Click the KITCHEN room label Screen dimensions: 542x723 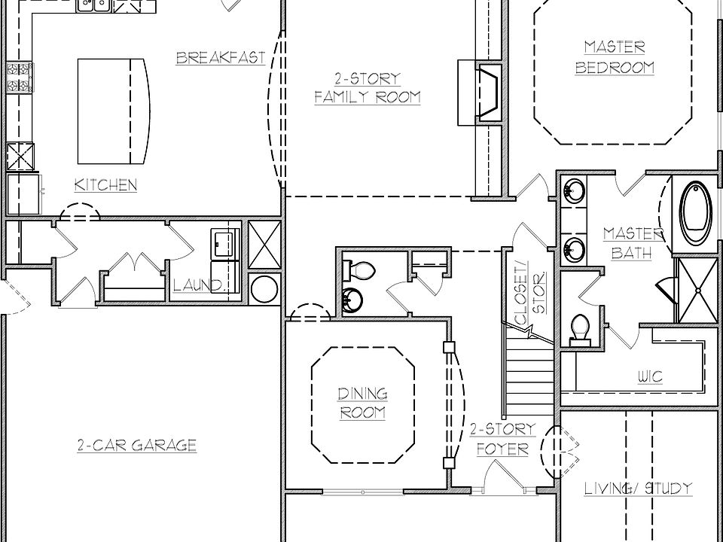pyautogui.click(x=105, y=184)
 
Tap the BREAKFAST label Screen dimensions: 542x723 pyautogui.click(x=220, y=58)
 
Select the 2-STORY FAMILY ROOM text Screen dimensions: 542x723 pyautogui.click(x=367, y=88)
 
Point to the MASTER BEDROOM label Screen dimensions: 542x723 pyautogui.click(x=615, y=58)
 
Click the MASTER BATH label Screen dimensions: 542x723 pyautogui.click(x=632, y=243)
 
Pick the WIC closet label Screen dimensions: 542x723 pyautogui.click(x=650, y=376)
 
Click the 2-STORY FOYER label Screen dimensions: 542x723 pyautogui.click(x=502, y=440)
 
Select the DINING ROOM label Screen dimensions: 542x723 pyautogui.click(x=362, y=403)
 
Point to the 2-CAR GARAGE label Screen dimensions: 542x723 pyautogui.click(x=136, y=446)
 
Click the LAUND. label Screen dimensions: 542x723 pyautogui.click(x=198, y=286)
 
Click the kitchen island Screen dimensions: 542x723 pyautogui.click(x=113, y=111)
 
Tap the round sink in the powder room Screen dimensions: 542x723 pyautogui.click(x=351, y=300)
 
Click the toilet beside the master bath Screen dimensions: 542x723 pyautogui.click(x=580, y=329)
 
